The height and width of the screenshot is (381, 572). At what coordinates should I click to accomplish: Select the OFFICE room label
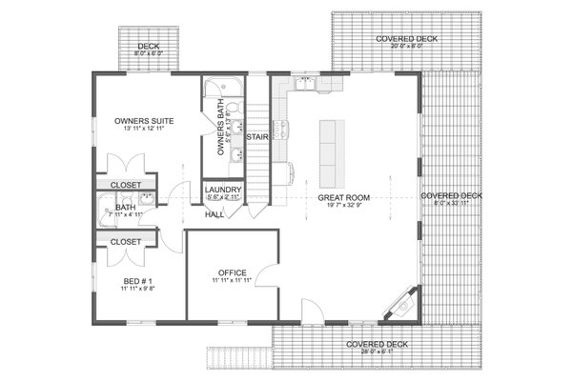pos(233,271)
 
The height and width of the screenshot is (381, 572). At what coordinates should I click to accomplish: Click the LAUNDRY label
pos(223,190)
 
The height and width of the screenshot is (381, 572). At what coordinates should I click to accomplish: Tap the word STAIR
pos(256,138)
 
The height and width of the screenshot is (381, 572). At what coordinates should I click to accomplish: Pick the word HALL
pos(214,214)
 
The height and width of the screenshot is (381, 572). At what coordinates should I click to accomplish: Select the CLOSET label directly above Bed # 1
pos(126,242)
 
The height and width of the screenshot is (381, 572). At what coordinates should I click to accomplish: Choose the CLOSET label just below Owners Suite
pos(126,185)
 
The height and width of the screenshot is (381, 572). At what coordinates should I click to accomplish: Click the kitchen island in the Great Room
pos(331,153)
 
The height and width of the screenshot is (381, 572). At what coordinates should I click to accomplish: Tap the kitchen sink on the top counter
pos(307,86)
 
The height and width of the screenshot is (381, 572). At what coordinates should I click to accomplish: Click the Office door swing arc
pos(270,278)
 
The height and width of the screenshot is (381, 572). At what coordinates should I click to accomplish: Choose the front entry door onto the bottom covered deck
pos(312,311)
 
